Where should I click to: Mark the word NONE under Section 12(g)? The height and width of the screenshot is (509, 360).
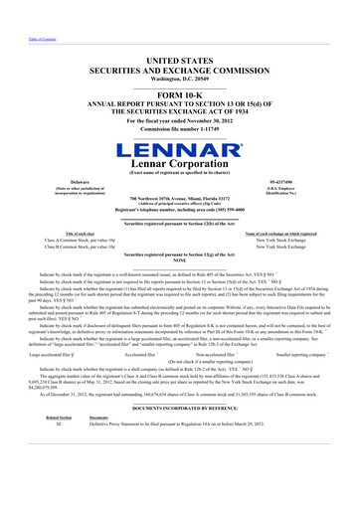(180, 262)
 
